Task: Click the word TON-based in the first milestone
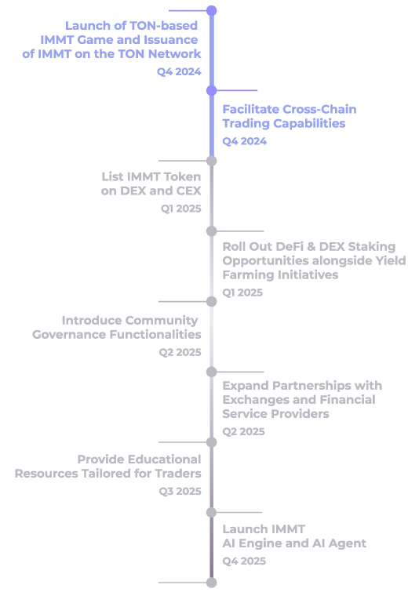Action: tap(163, 26)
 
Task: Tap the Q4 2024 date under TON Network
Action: tap(179, 71)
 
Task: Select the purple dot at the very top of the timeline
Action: tap(212, 10)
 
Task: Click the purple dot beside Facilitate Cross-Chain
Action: tap(212, 91)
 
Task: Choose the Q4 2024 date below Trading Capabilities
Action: tap(245, 141)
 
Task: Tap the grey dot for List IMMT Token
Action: tap(212, 161)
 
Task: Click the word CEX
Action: tap(188, 191)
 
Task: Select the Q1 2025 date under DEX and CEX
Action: tap(181, 209)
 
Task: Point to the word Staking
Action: tap(371, 246)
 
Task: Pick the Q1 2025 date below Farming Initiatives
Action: tap(242, 292)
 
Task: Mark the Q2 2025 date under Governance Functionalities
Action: tap(180, 352)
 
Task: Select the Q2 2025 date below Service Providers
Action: tap(243, 431)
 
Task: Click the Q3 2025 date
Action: tap(180, 491)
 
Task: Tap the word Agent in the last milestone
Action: tap(348, 543)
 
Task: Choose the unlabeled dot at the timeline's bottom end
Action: tap(212, 583)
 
